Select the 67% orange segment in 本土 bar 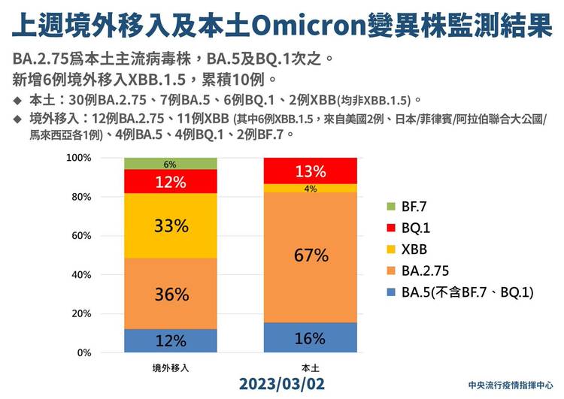click(x=311, y=255)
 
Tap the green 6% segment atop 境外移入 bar click(x=169, y=164)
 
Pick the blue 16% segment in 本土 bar click(x=311, y=337)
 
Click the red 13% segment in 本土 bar click(x=311, y=171)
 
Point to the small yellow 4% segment click(x=311, y=188)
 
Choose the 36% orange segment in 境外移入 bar click(x=169, y=294)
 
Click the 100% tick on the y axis click(x=78, y=159)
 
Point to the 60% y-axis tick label click(x=80, y=236)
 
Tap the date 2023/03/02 click(x=283, y=383)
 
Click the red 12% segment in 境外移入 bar click(x=169, y=181)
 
